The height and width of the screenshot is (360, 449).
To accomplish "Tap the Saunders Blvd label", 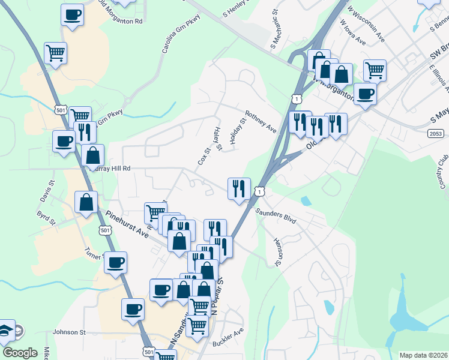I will (277, 216).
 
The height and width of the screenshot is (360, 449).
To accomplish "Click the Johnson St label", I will (69, 332).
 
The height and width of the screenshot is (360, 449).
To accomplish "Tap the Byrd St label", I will (46, 217).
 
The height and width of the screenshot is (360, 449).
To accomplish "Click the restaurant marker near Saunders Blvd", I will (239, 188).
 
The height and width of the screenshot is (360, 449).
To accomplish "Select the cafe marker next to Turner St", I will (115, 262).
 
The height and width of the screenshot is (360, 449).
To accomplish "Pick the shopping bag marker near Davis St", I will (86, 202).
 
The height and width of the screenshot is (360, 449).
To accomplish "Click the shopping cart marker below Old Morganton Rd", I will (55, 53).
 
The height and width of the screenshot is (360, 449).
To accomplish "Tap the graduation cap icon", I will (6, 329).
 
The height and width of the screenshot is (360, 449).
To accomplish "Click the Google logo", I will (20, 352).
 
